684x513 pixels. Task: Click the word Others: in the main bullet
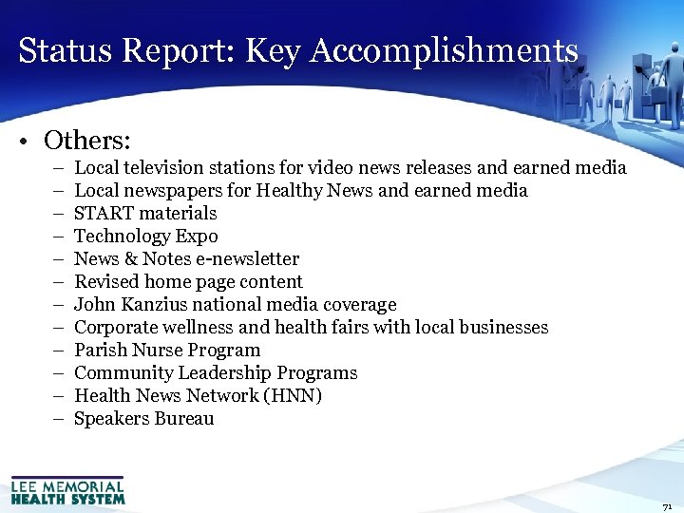point(87,141)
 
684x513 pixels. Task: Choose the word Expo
point(199,237)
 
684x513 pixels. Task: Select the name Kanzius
point(155,305)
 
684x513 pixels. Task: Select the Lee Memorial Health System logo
point(67,489)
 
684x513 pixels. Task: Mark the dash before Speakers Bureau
point(57,419)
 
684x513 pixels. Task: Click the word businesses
point(503,328)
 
